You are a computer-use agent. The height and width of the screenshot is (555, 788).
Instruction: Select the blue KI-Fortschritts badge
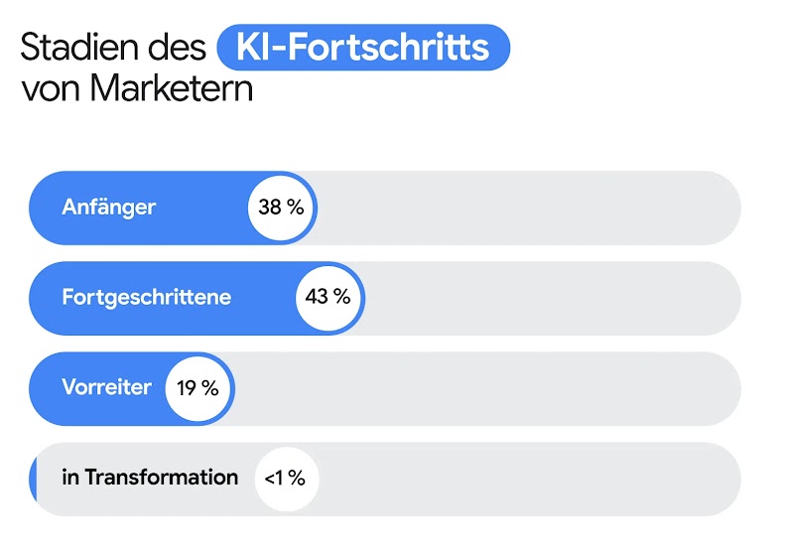coord(362,48)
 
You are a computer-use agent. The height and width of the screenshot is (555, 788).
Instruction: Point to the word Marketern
coord(171,88)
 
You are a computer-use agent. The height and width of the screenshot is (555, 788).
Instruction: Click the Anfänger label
coord(109,208)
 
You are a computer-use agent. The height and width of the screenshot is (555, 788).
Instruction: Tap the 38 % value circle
coord(281,208)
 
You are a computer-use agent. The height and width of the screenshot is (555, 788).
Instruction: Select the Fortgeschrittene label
coord(147,297)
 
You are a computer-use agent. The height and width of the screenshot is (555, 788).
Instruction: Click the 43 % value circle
coord(328,297)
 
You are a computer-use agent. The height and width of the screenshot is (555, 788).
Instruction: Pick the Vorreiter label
coord(107,387)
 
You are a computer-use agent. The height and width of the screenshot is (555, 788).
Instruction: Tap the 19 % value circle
coord(197,388)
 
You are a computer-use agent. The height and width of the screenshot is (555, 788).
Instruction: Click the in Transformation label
coord(150,478)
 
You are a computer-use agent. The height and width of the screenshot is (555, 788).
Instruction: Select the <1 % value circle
coord(285,479)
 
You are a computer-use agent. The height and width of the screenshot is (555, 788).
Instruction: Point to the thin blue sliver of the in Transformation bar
coord(33,479)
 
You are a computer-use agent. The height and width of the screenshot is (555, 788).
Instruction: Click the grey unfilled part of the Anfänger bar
coord(526,208)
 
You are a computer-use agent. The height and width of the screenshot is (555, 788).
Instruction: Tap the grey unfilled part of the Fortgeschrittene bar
coord(551,297)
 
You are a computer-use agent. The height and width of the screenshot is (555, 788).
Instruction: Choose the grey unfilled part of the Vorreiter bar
coord(486,388)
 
